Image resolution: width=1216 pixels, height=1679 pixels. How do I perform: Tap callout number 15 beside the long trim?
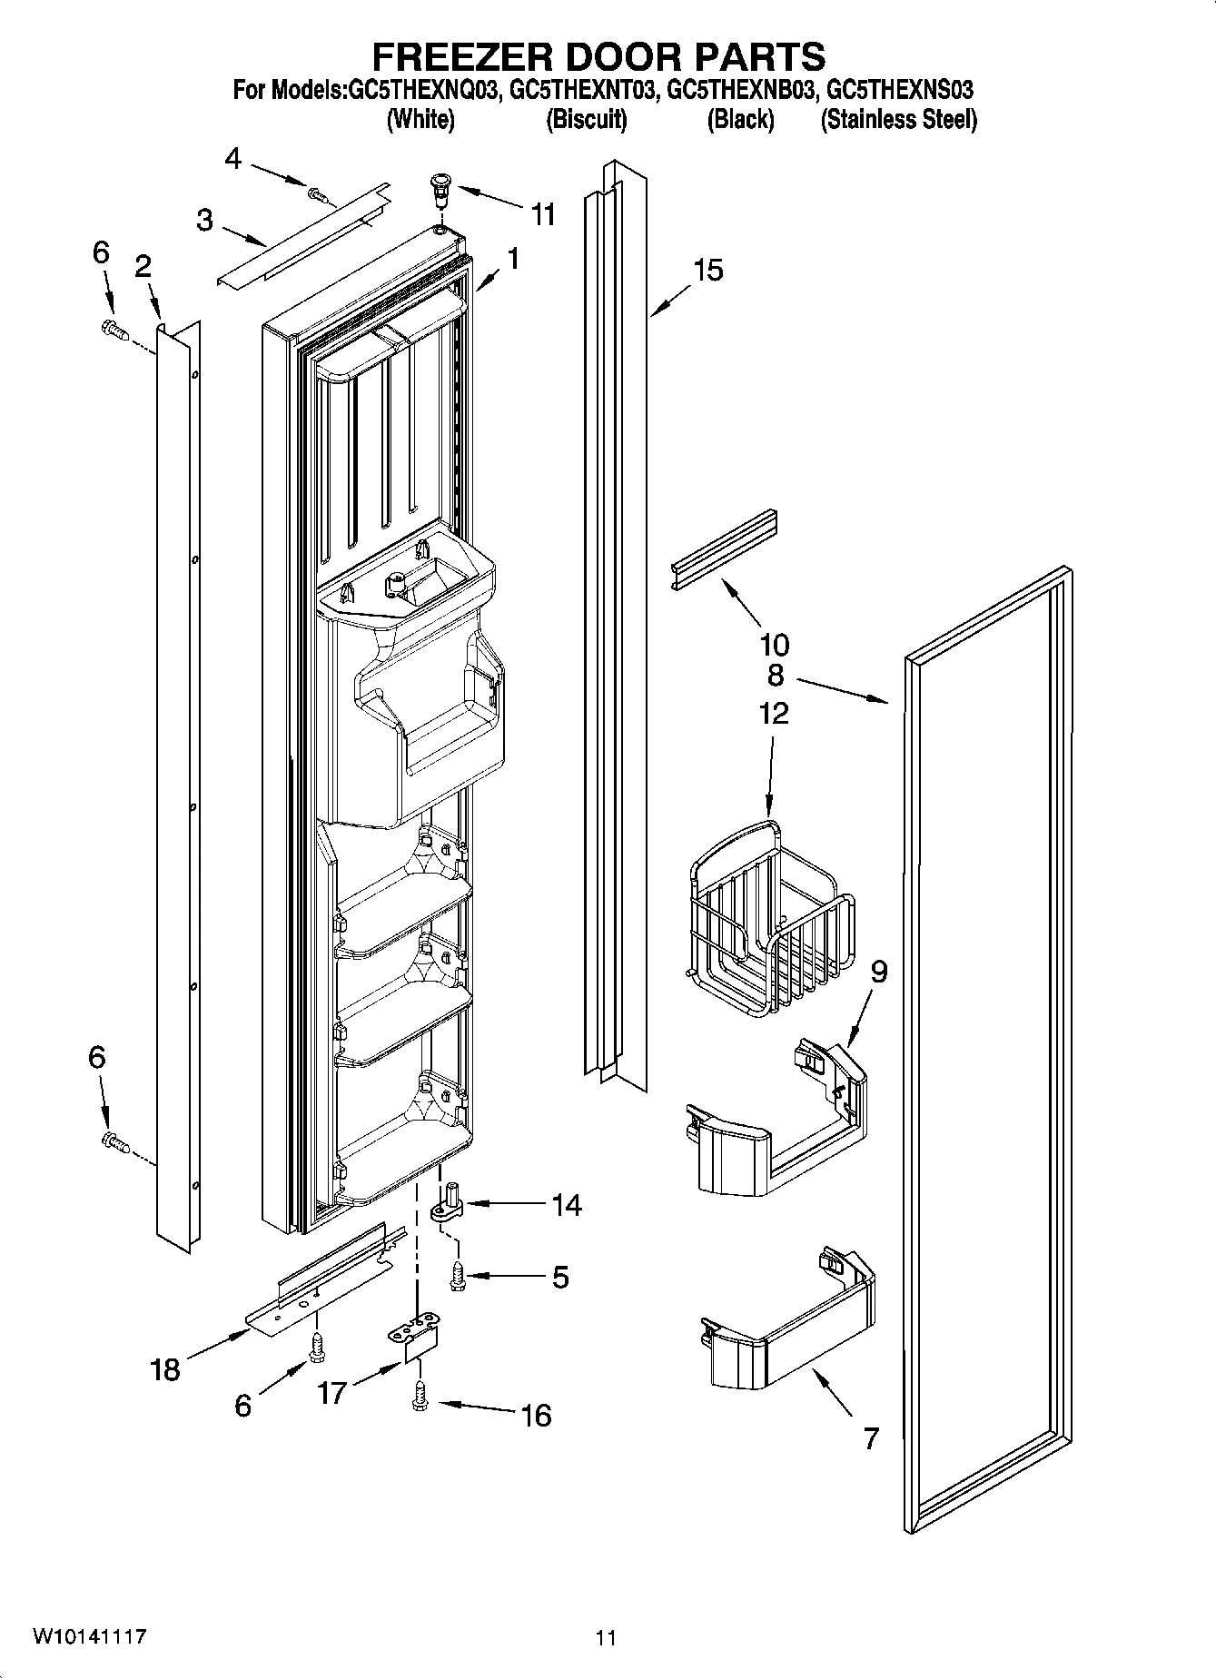708,270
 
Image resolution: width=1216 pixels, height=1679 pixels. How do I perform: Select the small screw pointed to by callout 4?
317,193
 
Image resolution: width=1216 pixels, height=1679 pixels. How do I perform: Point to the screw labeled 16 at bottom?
419,1394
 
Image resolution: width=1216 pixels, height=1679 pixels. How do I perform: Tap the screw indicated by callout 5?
458,1276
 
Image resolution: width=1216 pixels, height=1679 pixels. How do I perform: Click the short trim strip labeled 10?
724,549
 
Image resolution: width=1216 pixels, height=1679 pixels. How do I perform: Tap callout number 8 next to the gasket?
775,676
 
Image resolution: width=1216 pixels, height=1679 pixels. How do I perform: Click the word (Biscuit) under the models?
586,119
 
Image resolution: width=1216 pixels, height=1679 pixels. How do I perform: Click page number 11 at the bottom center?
606,1637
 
